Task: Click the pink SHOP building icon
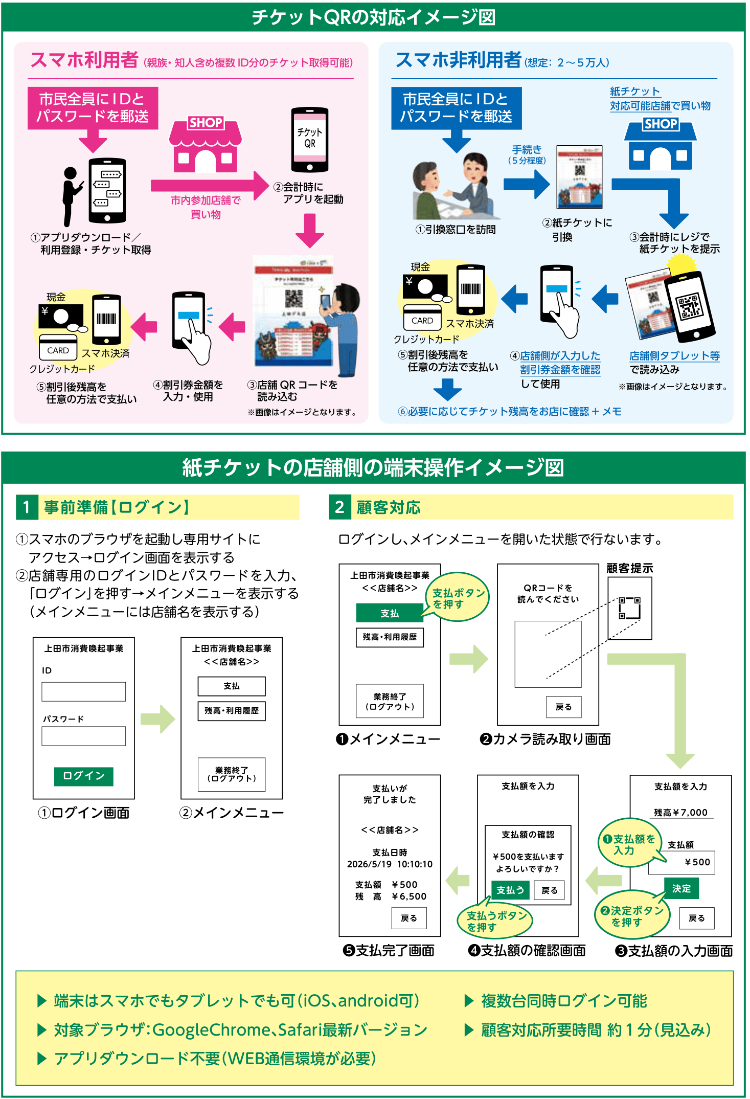pos(205,147)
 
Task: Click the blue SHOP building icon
pos(660,145)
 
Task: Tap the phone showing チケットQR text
pos(310,140)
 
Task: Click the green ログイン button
pos(84,776)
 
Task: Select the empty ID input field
pos(84,691)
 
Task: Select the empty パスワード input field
pos(84,736)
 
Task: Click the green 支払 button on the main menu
pos(390,613)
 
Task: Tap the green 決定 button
pos(681,888)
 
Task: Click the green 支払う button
pos(510,890)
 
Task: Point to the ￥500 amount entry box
pos(681,862)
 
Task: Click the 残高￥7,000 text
pos(680,813)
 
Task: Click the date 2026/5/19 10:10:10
pos(390,864)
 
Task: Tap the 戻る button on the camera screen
pos(563,707)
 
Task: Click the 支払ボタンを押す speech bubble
pos(458,598)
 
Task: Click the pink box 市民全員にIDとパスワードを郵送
pos(93,108)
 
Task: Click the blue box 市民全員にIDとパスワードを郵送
pos(456,108)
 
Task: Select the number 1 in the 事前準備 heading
pos(27,507)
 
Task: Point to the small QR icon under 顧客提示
pos(629,608)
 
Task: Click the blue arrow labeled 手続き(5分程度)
pos(527,184)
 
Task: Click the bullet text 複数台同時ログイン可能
pos(564,1001)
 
